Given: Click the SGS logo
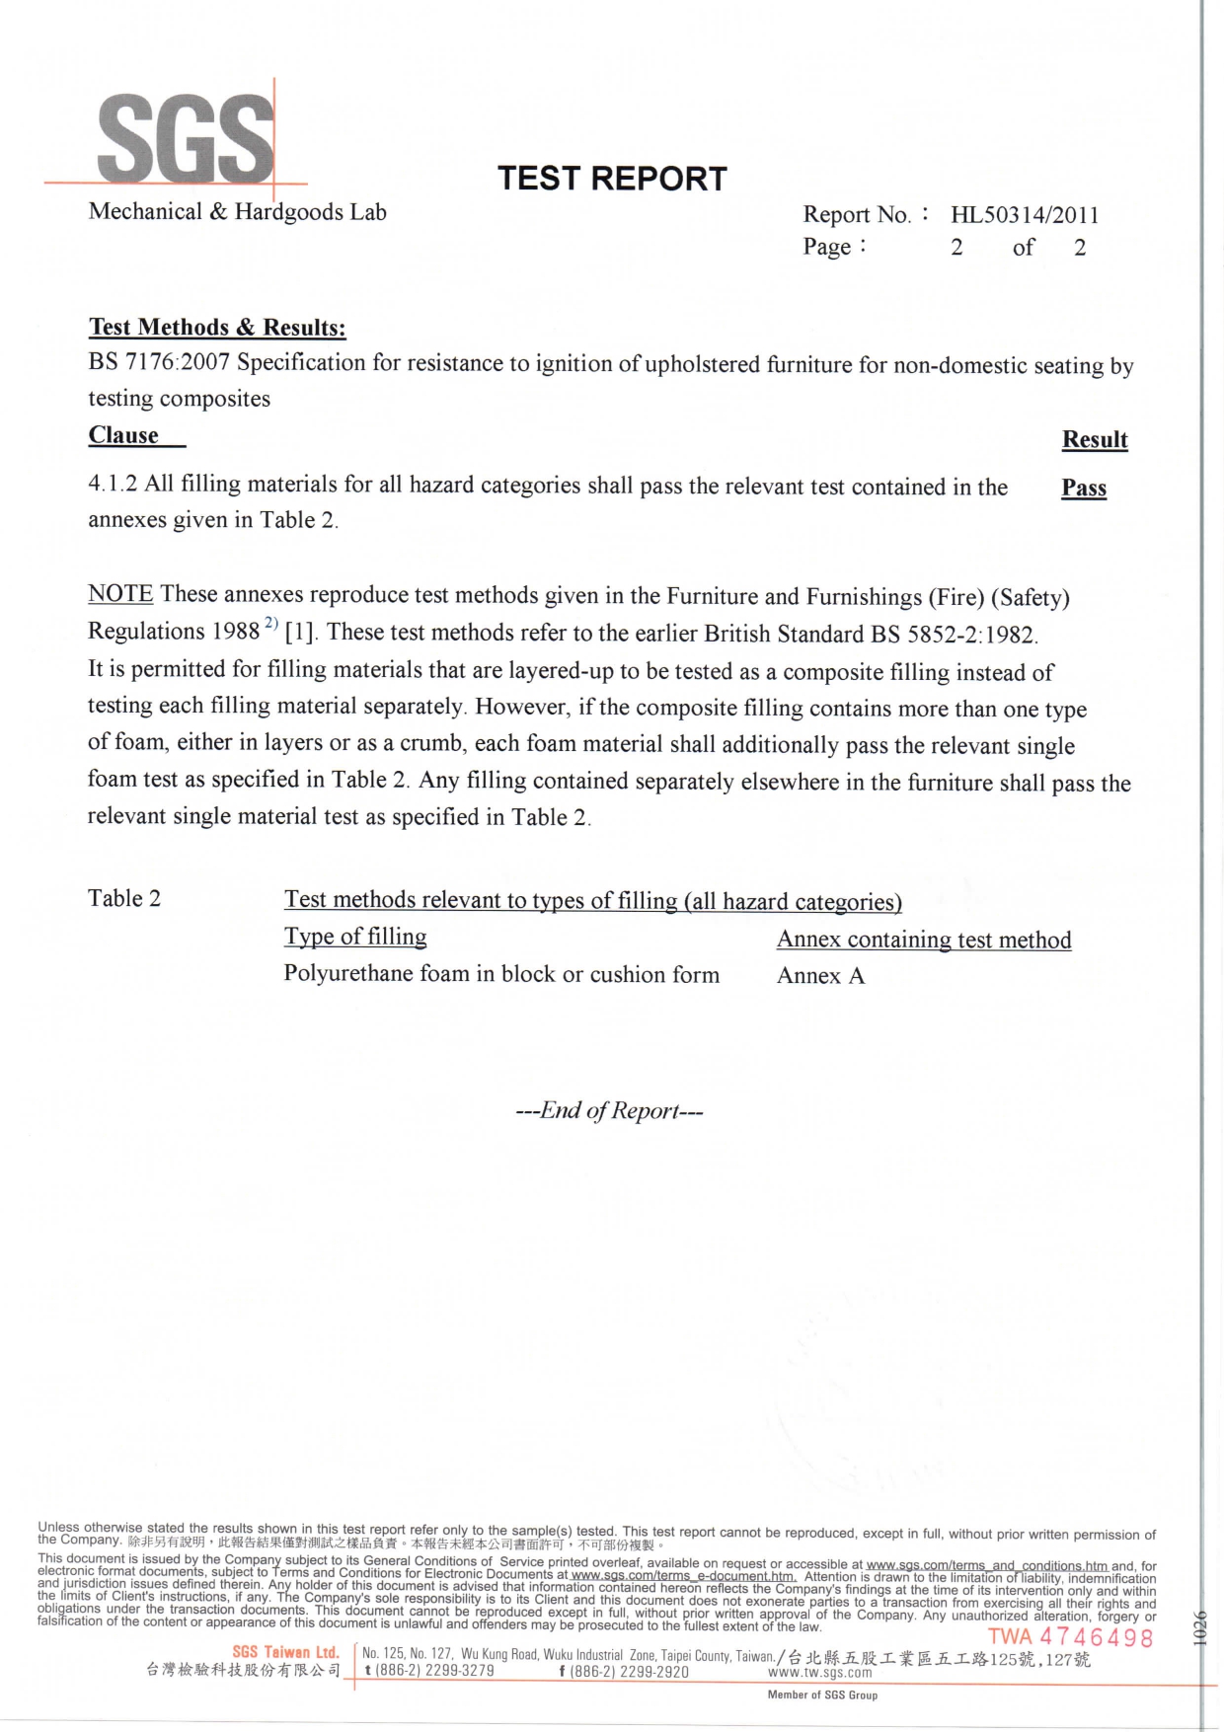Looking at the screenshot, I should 186,139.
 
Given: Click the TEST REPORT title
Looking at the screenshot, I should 612,179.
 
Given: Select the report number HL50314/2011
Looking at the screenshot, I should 1024,215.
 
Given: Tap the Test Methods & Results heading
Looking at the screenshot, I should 217,328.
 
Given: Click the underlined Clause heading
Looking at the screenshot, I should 123,435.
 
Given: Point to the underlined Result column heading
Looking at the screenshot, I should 1095,440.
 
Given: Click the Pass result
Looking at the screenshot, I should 1084,489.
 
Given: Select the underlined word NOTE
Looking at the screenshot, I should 120,594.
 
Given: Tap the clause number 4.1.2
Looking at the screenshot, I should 113,484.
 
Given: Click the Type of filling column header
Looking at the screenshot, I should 355,937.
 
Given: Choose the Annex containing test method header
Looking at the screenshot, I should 924,940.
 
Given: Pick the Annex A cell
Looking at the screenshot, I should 820,976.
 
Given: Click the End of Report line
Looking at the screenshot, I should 609,1111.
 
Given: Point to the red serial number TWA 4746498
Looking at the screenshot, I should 1070,1638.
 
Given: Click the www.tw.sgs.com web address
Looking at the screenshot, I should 819,1673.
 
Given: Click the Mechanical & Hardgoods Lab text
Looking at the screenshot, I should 237,212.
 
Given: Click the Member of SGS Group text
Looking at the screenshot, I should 822,1695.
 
